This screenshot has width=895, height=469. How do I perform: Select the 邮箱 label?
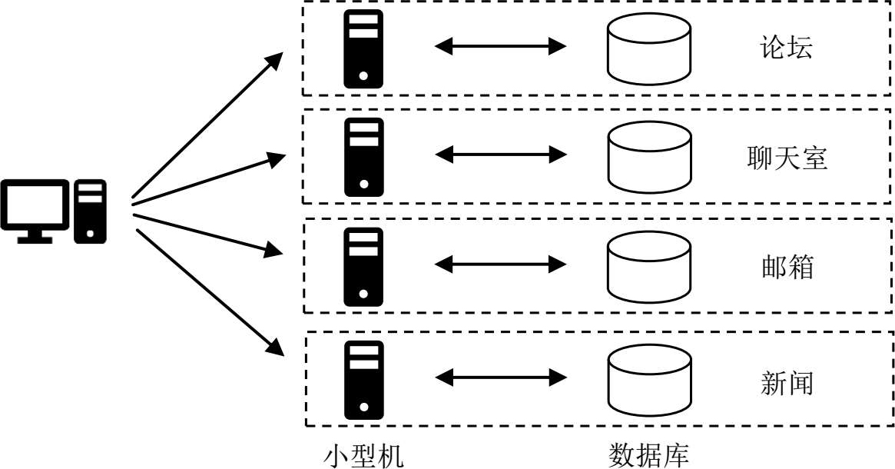click(x=786, y=267)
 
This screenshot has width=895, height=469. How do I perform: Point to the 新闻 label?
click(x=786, y=381)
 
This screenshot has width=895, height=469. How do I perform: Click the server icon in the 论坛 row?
click(x=363, y=48)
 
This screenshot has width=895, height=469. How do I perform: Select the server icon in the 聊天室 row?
click(x=363, y=157)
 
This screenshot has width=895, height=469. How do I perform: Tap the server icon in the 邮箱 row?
click(x=363, y=266)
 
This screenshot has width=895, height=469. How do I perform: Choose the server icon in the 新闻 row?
click(x=363, y=379)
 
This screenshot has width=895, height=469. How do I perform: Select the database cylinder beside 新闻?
click(x=648, y=379)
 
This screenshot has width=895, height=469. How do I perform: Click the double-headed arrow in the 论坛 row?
click(x=500, y=47)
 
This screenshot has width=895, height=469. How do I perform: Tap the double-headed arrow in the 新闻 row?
click(x=500, y=378)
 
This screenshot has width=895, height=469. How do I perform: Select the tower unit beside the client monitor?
click(x=90, y=211)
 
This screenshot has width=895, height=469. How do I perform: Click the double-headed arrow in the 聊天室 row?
click(x=500, y=155)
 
